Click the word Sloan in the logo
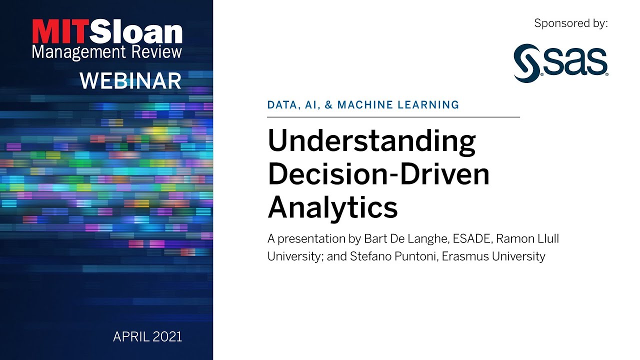(x=137, y=32)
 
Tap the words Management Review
(x=106, y=52)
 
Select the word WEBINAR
(x=130, y=80)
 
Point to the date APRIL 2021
(x=147, y=336)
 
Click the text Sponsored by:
(x=570, y=23)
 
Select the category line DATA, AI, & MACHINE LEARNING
(x=363, y=105)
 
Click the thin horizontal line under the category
(x=393, y=117)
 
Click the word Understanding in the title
(x=371, y=142)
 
